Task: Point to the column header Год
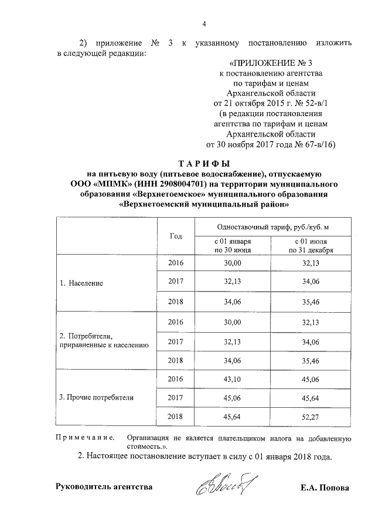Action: pos(176,236)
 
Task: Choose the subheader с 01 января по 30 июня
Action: pos(233,245)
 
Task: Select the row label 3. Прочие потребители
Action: pos(97,397)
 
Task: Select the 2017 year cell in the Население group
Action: pos(176,282)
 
